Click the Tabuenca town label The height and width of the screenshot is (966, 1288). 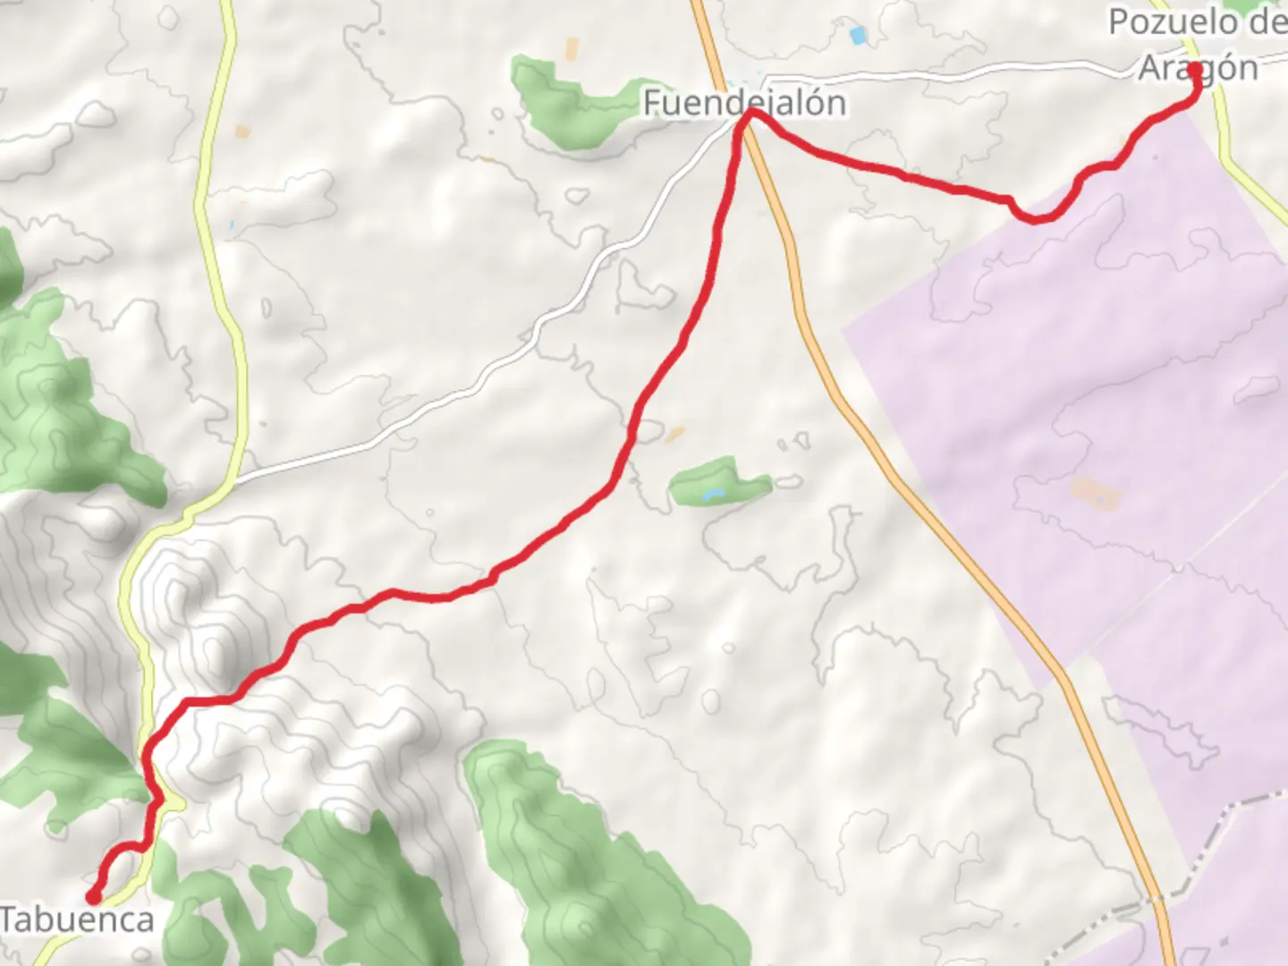[x=77, y=919]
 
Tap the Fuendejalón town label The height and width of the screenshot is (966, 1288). [x=744, y=103]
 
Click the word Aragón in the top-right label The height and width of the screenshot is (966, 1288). [x=1198, y=68]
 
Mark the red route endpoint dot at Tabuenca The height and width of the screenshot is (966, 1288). [x=93, y=896]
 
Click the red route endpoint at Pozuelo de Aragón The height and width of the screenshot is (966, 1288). [x=1196, y=68]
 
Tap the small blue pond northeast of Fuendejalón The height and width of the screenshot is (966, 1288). [x=859, y=36]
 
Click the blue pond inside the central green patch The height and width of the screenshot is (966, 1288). [x=712, y=494]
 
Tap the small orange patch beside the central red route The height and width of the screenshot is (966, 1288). [x=675, y=433]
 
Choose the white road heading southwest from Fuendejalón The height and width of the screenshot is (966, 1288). [x=501, y=367]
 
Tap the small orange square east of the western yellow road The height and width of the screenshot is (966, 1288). [x=242, y=131]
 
